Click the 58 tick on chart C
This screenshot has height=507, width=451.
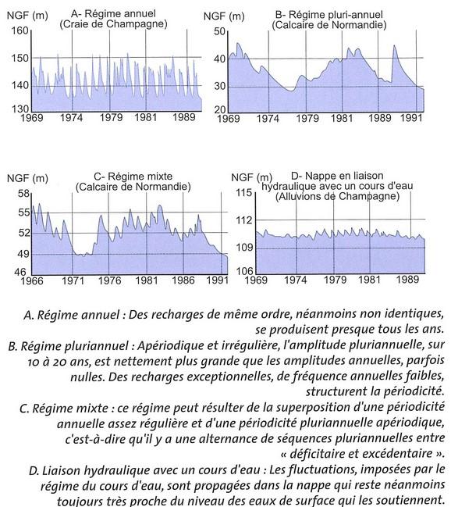23,192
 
